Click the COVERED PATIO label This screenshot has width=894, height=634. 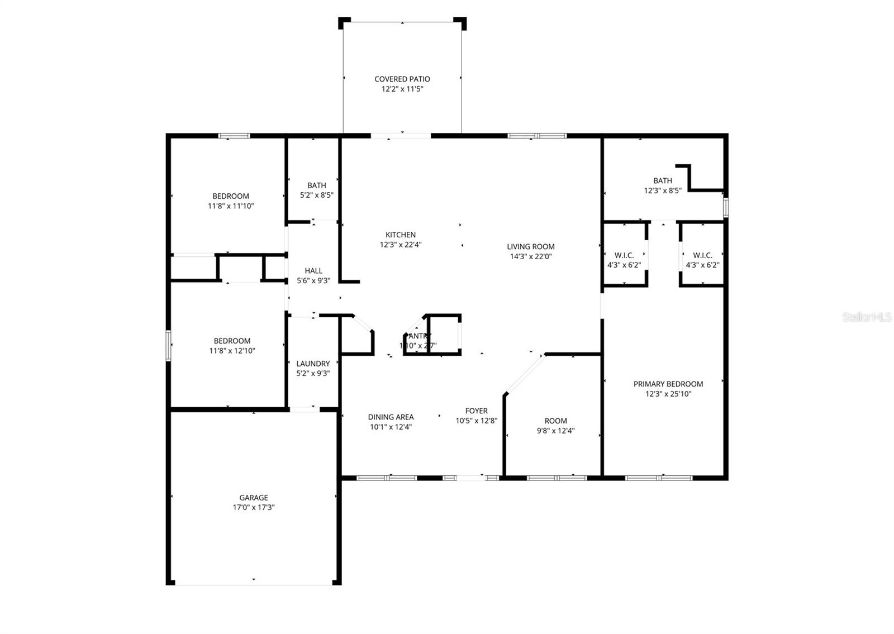(x=402, y=79)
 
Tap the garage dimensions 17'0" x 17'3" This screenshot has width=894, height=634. (x=253, y=508)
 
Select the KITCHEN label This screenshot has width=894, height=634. (x=400, y=235)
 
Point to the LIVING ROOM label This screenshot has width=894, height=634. (x=530, y=246)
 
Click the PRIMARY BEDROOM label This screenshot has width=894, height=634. (x=668, y=384)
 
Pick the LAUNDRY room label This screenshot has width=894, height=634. (x=313, y=364)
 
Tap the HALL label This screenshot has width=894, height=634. (x=313, y=271)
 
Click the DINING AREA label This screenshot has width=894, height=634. (x=391, y=417)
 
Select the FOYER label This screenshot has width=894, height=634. (x=476, y=411)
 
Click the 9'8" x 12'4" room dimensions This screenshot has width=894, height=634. (x=555, y=431)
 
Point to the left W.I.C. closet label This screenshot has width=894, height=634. (x=624, y=255)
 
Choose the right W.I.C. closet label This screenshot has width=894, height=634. (x=702, y=255)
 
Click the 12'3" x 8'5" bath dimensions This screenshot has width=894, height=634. (x=662, y=190)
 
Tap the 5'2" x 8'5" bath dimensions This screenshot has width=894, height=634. (x=316, y=195)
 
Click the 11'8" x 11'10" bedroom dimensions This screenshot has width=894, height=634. (x=230, y=206)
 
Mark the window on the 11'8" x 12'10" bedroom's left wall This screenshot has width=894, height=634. (x=168, y=346)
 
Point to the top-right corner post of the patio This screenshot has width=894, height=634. (x=460, y=22)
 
